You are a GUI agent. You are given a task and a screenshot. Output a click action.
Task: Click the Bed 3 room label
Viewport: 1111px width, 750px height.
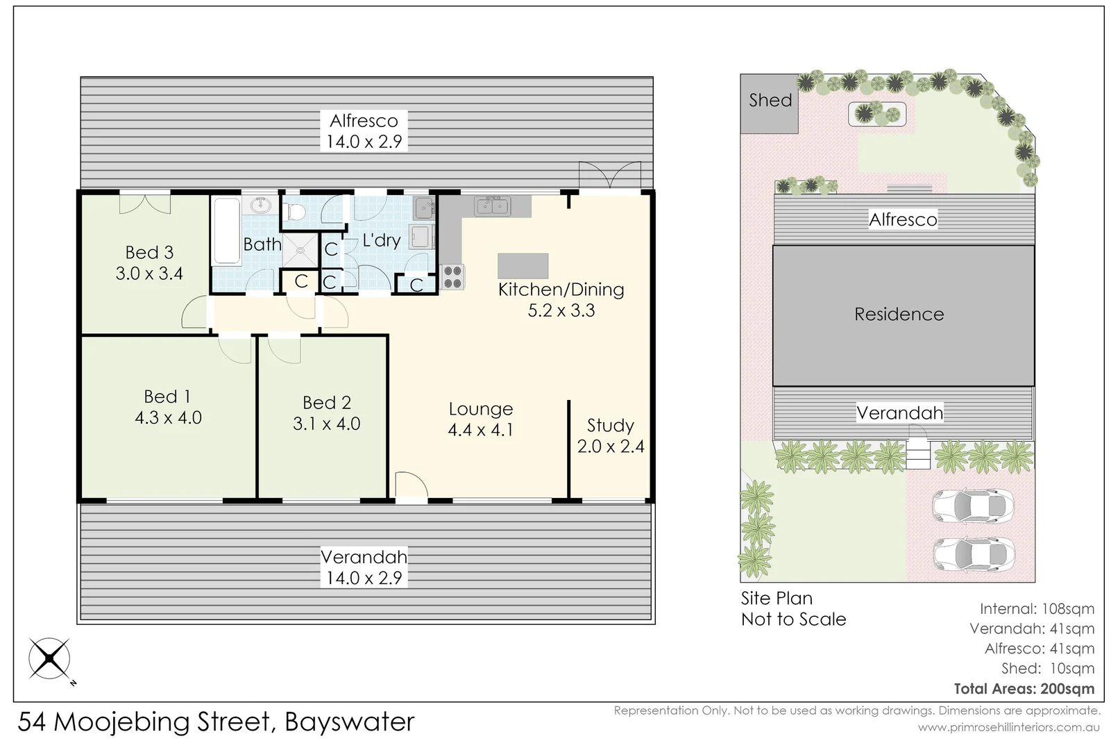pyautogui.click(x=149, y=253)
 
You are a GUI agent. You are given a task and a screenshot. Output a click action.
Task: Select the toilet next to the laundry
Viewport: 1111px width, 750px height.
pyautogui.click(x=296, y=211)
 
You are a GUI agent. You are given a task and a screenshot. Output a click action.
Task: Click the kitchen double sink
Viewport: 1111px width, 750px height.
pyautogui.click(x=493, y=206)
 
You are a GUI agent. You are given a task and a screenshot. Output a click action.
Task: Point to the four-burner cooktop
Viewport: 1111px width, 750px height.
pyautogui.click(x=452, y=277)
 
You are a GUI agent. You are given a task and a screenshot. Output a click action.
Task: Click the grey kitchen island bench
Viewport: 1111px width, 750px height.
pyautogui.click(x=523, y=266)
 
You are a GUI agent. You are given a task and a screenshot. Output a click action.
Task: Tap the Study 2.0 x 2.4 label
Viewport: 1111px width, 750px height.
pyautogui.click(x=611, y=435)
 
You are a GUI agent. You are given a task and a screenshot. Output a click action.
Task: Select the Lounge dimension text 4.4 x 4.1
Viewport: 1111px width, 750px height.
pyautogui.click(x=480, y=430)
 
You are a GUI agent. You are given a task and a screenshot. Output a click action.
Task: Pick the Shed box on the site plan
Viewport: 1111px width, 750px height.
pyautogui.click(x=769, y=103)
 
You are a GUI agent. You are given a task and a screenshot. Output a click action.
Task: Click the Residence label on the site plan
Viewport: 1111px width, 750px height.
pyautogui.click(x=899, y=315)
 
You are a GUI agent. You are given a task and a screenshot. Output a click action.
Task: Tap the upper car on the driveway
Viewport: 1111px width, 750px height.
pyautogui.click(x=972, y=506)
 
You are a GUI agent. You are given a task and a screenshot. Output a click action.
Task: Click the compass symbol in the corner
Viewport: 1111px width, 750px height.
pyautogui.click(x=49, y=658)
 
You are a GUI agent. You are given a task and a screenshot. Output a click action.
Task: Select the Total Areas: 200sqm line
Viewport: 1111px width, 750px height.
pyautogui.click(x=1024, y=689)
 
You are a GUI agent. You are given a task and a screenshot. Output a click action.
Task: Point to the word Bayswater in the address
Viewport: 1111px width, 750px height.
pyautogui.click(x=349, y=722)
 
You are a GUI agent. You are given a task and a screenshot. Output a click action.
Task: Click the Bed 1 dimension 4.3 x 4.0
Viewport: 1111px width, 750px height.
pyautogui.click(x=168, y=417)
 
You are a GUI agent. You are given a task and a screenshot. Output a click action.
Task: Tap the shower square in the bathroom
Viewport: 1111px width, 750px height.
pyautogui.click(x=300, y=249)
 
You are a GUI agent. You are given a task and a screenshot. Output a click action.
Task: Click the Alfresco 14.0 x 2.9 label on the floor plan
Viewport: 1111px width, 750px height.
pyautogui.click(x=364, y=131)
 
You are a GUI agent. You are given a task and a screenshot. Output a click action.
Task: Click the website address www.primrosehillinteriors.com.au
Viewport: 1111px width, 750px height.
pyautogui.click(x=1008, y=727)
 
